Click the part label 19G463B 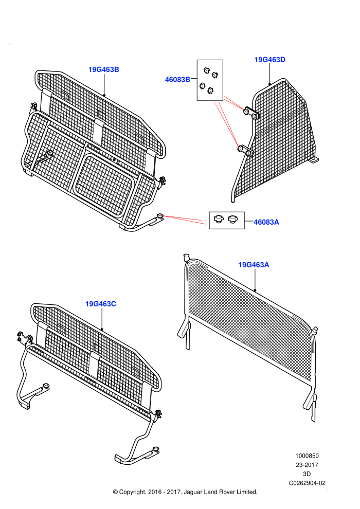point(103,70)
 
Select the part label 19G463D point(270,60)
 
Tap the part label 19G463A point(254,265)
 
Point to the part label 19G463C point(101,304)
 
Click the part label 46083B point(177,80)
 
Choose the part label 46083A point(266,222)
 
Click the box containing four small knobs point(210,80)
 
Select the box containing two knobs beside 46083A point(227,221)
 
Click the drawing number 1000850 point(307,456)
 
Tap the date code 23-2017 point(307,465)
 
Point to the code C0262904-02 point(307,483)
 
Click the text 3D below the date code point(307,474)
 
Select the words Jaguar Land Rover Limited point(221,492)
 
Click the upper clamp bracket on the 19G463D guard point(251,113)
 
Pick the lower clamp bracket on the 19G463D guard point(245,151)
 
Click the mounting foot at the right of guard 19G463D point(314,160)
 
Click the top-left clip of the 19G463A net point(186,258)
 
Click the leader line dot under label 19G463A point(255,290)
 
